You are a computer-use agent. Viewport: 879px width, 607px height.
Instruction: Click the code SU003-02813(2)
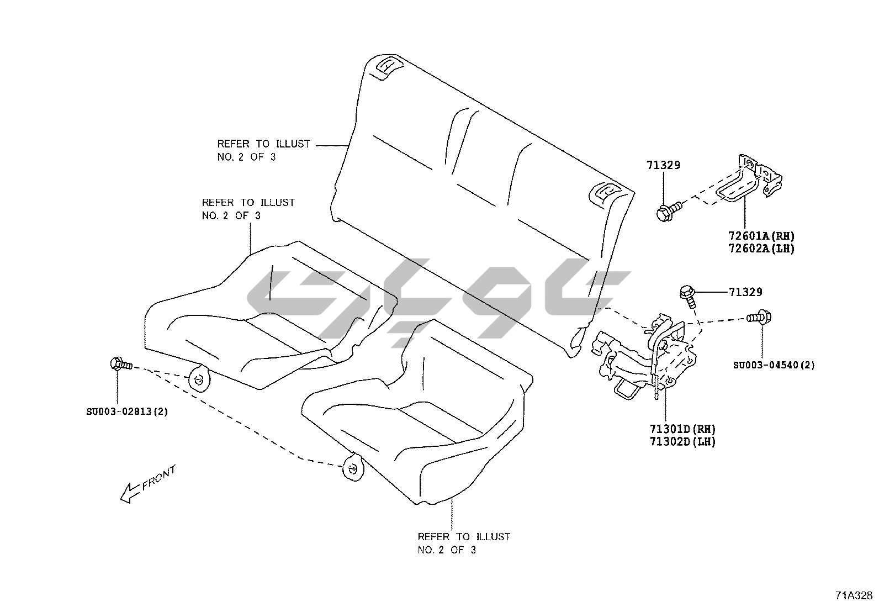click(x=128, y=411)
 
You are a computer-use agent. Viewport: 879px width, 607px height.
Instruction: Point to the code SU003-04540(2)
click(x=774, y=365)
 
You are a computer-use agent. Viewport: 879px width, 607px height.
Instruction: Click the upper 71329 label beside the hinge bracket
click(x=664, y=165)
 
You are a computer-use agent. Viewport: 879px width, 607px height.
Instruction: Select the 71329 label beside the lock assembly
click(x=745, y=292)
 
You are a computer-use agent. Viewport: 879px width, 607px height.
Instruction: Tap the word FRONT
click(x=159, y=478)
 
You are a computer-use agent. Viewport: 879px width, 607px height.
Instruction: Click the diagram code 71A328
click(x=853, y=595)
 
